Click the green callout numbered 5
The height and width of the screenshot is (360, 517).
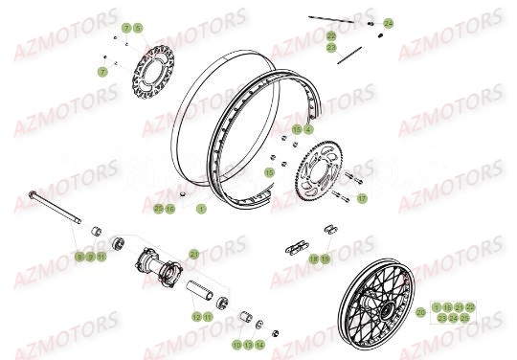pos(137,29)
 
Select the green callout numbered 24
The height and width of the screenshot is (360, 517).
pos(388,22)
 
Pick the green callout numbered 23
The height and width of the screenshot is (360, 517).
pos(332,47)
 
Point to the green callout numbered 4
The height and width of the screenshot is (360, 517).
pos(308,128)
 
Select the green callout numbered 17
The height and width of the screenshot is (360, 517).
pos(362,199)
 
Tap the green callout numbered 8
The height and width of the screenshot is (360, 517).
pos(79,257)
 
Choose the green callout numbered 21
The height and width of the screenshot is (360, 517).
pos(194,254)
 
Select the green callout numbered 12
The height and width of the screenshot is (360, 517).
pos(195,316)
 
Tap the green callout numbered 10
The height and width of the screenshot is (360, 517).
pos(236,343)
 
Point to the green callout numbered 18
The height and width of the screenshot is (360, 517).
pos(314,259)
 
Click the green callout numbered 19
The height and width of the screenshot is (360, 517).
pos(326,259)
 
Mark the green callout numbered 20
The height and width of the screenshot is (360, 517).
pos(420,312)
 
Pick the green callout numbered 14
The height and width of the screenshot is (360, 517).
pos(259,343)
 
